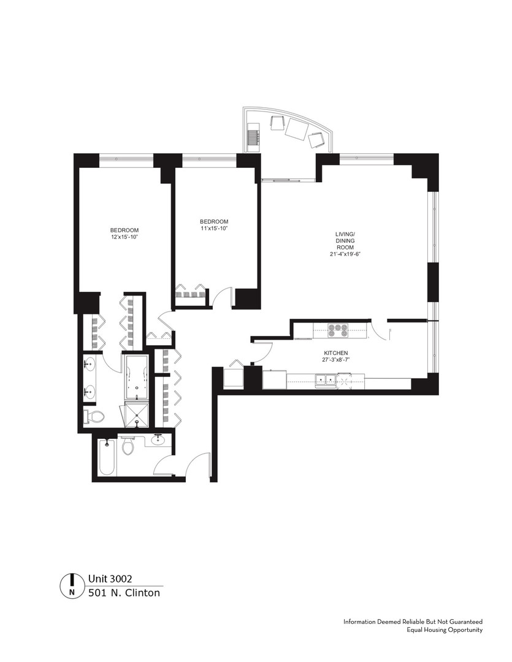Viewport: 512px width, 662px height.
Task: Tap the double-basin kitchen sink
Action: coord(326,381)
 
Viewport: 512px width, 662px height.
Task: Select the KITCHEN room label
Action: coord(336,354)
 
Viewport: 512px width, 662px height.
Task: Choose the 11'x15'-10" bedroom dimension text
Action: coord(214,229)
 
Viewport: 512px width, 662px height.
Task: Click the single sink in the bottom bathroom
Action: coord(158,439)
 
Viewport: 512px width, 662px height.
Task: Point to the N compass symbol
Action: coord(72,585)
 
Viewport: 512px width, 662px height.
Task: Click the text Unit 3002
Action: coord(110,578)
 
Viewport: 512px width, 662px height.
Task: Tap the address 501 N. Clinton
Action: coord(124,593)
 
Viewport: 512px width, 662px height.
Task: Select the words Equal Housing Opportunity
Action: coord(445,630)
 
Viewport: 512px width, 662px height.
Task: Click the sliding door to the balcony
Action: coord(288,180)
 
